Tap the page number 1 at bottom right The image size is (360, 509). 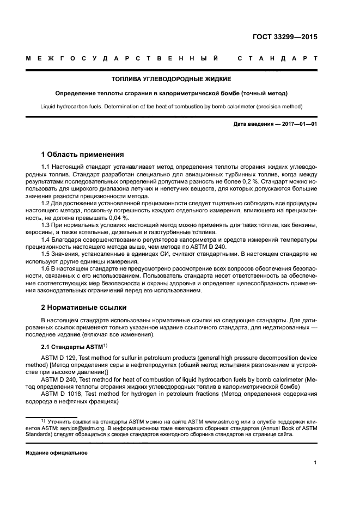point(315,463)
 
